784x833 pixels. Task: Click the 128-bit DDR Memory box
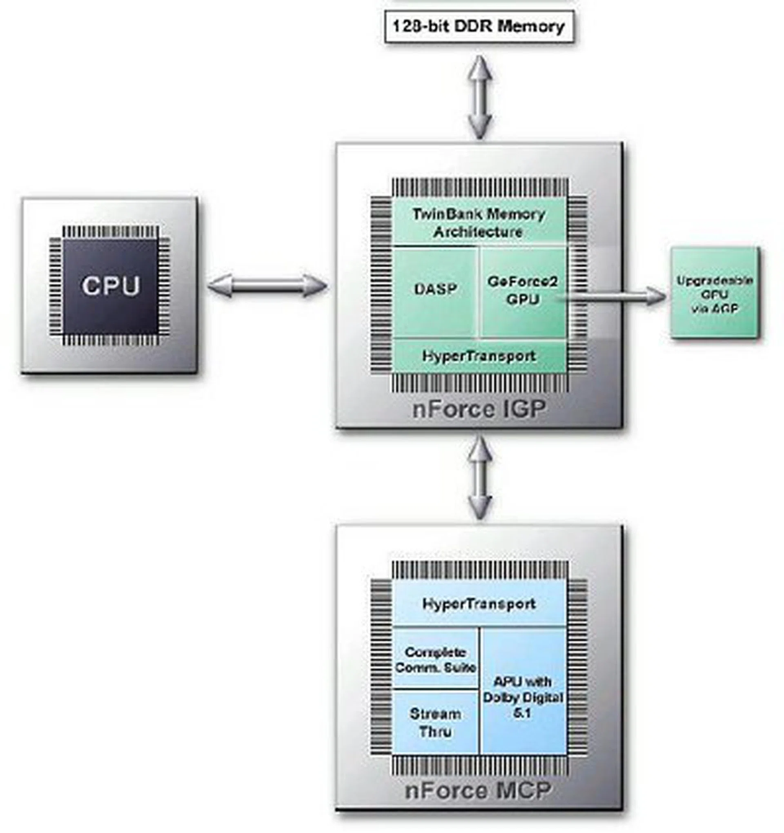(x=479, y=27)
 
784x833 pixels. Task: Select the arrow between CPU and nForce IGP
(x=267, y=286)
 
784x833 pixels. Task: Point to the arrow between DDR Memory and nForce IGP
(x=480, y=97)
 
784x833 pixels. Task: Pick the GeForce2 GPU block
(x=523, y=290)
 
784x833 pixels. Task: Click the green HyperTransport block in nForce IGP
(x=479, y=356)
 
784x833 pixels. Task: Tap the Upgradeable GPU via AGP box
(x=715, y=293)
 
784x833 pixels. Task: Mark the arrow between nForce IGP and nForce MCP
(x=480, y=478)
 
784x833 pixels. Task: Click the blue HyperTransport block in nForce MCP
(x=479, y=604)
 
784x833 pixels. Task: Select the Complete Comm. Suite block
(x=435, y=659)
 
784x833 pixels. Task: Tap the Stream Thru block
(x=435, y=722)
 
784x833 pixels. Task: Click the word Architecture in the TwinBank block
(x=478, y=232)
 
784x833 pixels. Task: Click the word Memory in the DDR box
(x=531, y=27)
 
